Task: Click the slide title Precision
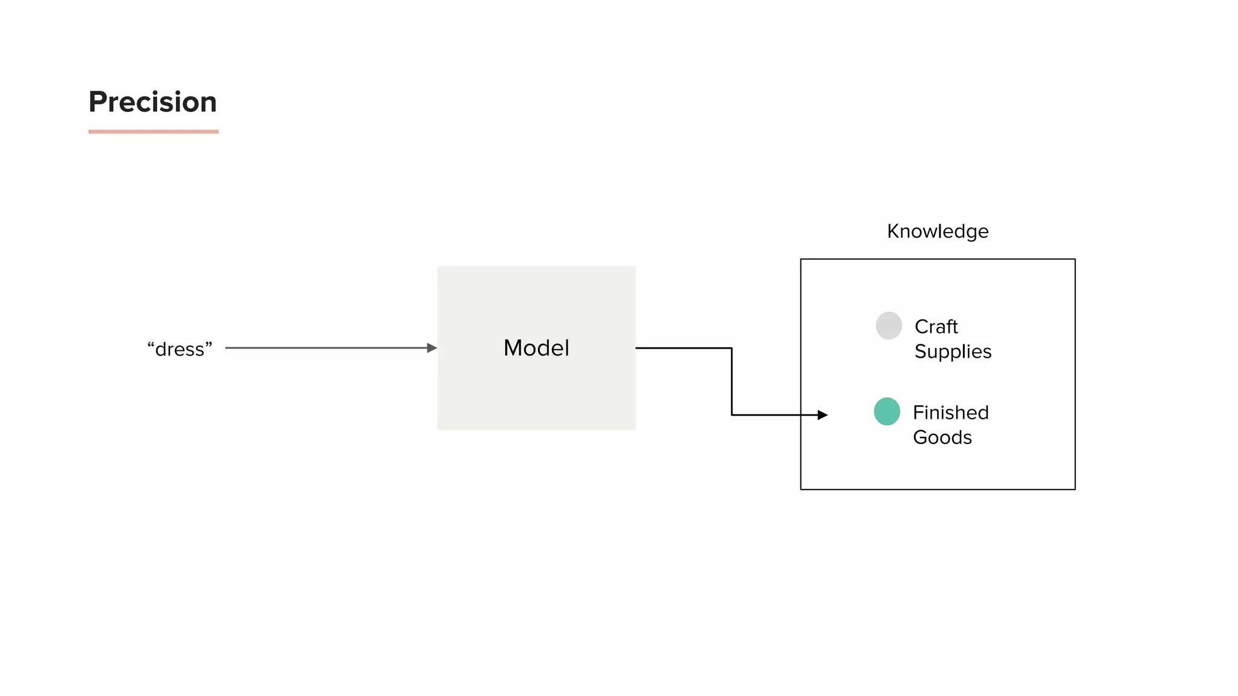[152, 101]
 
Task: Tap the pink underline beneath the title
[153, 131]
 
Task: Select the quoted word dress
[180, 349]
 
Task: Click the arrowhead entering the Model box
[432, 348]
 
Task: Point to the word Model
[536, 348]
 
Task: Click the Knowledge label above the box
[938, 231]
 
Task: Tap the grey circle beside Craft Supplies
[889, 326]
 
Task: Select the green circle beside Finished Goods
[887, 411]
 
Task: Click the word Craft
[936, 327]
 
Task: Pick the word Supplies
[953, 352]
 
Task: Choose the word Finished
[950, 413]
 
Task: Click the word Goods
[942, 437]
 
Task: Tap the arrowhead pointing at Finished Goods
[822, 415]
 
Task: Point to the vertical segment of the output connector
[731, 382]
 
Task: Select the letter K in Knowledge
[893, 231]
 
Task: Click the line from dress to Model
[326, 348]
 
